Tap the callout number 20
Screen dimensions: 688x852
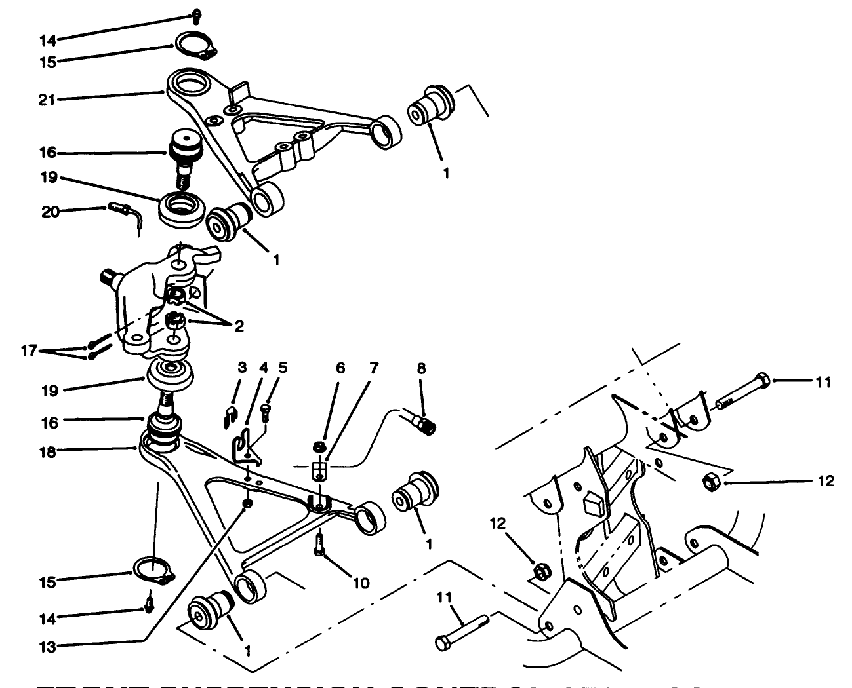tap(49, 211)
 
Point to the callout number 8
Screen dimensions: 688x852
tap(420, 369)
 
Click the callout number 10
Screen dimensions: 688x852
tap(361, 583)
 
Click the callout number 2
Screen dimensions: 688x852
tap(240, 324)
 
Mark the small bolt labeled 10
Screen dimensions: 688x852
tap(319, 544)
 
